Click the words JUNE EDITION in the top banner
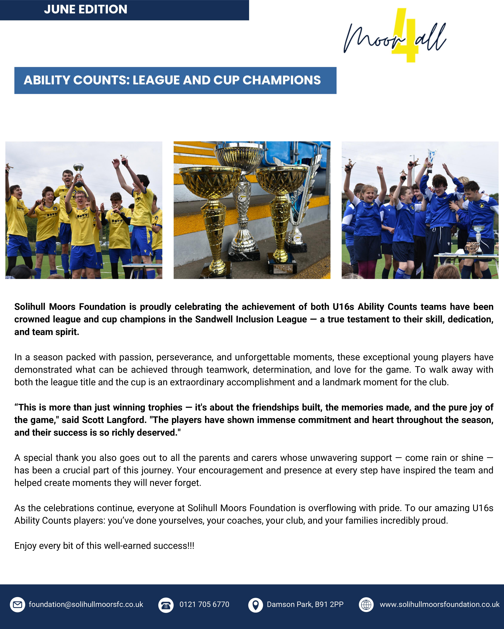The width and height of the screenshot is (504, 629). coord(86,9)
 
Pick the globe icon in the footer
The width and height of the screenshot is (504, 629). coord(366,605)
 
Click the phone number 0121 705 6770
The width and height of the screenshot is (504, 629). coord(204,604)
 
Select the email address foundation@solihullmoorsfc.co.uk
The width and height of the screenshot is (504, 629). coord(86,604)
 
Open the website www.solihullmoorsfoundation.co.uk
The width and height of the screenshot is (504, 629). coord(439,604)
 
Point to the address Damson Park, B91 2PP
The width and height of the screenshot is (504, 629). coord(305,604)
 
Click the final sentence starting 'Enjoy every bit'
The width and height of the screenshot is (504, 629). coord(104,546)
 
